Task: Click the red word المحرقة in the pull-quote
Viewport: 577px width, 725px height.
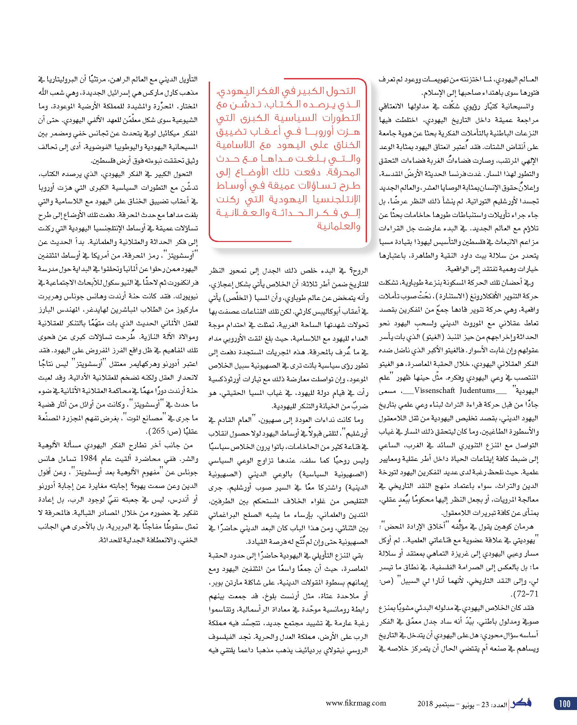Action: coord(344,172)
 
